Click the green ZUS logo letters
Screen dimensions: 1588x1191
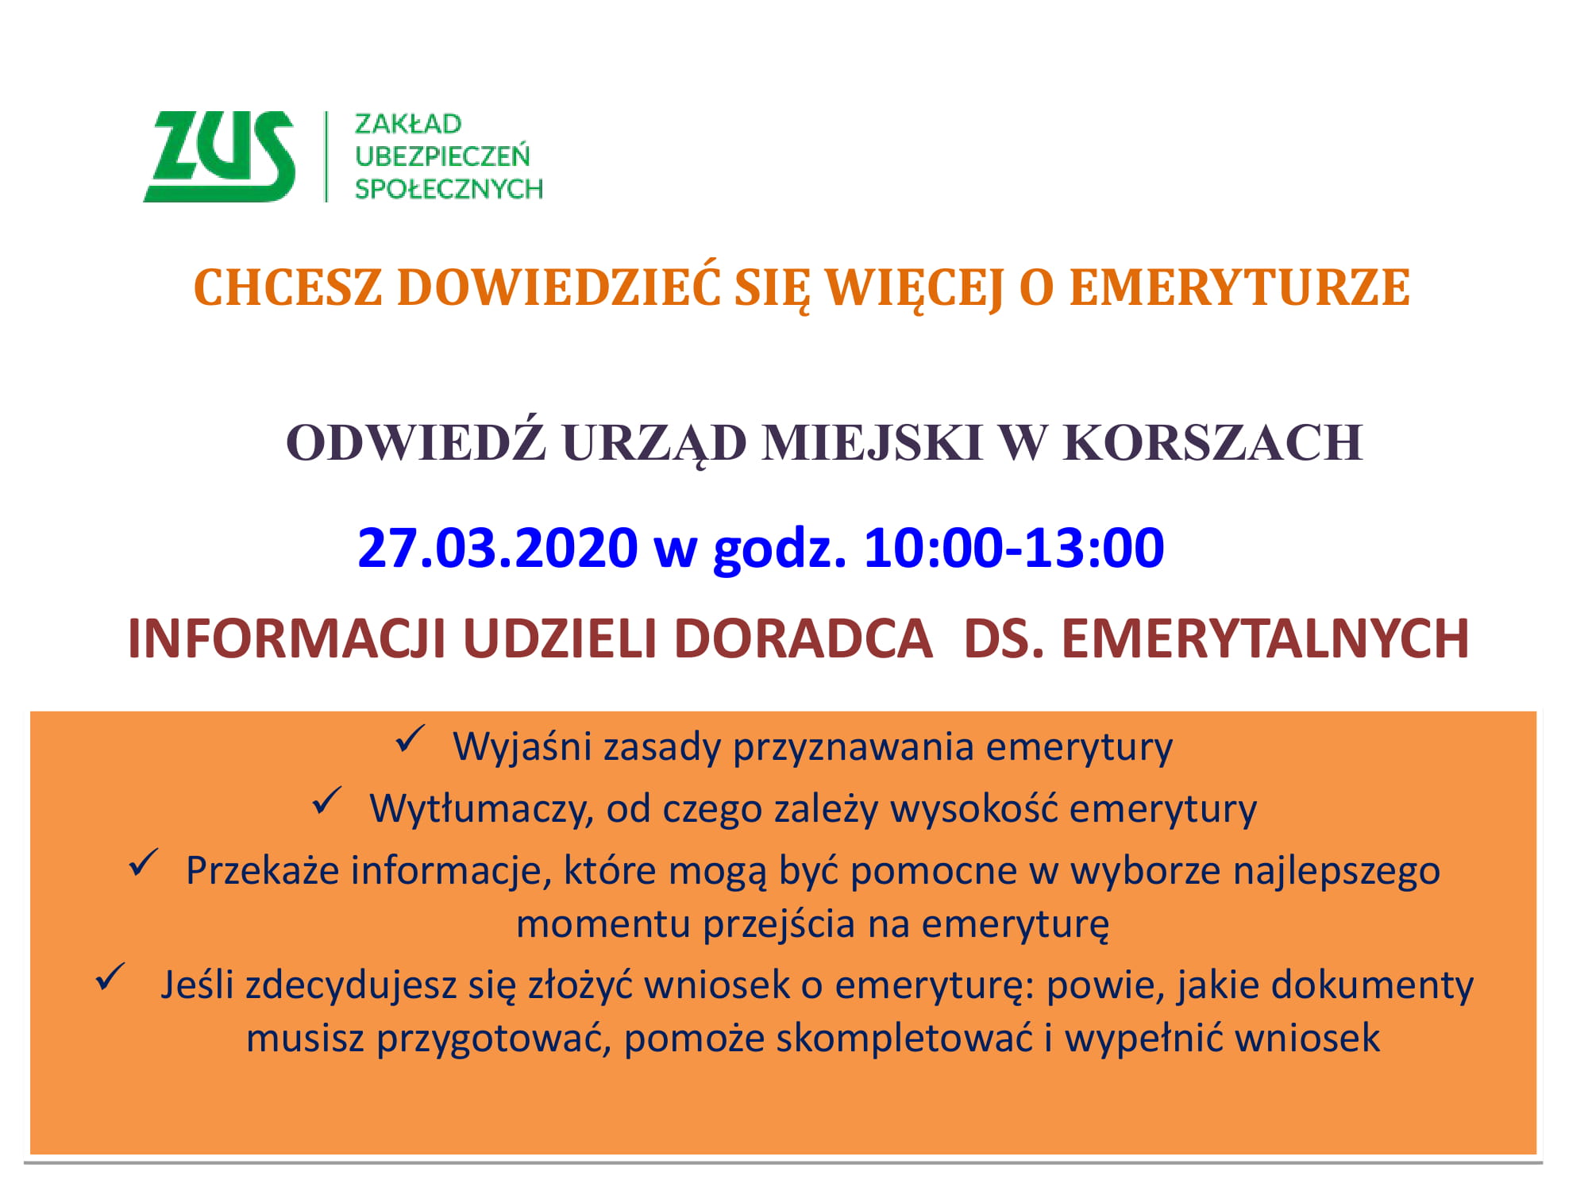219,156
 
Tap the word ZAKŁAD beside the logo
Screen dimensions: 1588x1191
408,124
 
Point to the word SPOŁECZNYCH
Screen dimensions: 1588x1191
449,188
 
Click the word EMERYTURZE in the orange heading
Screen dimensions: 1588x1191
1239,287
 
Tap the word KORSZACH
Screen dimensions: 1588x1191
1212,442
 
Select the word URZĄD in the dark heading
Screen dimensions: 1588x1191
654,444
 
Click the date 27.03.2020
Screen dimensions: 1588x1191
498,548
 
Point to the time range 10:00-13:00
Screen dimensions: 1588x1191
1014,548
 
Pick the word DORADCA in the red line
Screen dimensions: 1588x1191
803,638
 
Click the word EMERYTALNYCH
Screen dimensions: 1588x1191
1265,638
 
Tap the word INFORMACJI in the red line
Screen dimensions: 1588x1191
286,638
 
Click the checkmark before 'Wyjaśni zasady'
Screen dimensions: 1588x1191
411,739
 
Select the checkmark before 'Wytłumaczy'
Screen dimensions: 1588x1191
327,801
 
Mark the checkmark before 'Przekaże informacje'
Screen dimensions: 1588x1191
144,863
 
